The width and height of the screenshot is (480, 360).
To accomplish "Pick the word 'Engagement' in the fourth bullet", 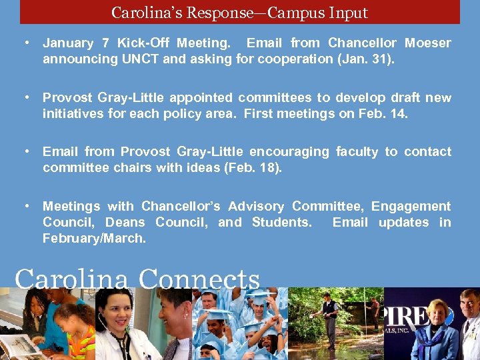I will (411, 206).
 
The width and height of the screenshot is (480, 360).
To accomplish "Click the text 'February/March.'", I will (94, 238).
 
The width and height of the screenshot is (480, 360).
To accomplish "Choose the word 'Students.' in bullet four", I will (281, 222).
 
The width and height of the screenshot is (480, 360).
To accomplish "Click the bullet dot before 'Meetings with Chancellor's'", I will (25, 206).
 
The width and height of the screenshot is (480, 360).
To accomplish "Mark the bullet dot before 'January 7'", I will (25, 43).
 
